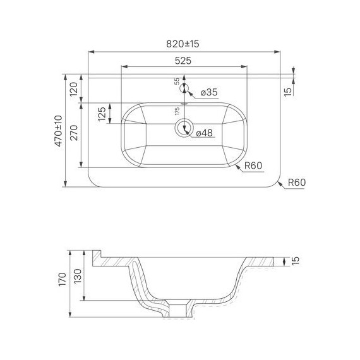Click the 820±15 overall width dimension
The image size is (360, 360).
(183, 44)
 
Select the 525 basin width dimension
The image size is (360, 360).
(183, 61)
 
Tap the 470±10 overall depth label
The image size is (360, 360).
(59, 131)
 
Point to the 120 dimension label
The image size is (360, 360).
(74, 89)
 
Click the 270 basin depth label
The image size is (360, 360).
(74, 133)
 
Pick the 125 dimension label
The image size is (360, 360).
(102, 114)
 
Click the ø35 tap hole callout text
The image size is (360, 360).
(209, 92)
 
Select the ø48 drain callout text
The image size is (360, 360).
(205, 133)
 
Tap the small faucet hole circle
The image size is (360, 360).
(184, 88)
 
